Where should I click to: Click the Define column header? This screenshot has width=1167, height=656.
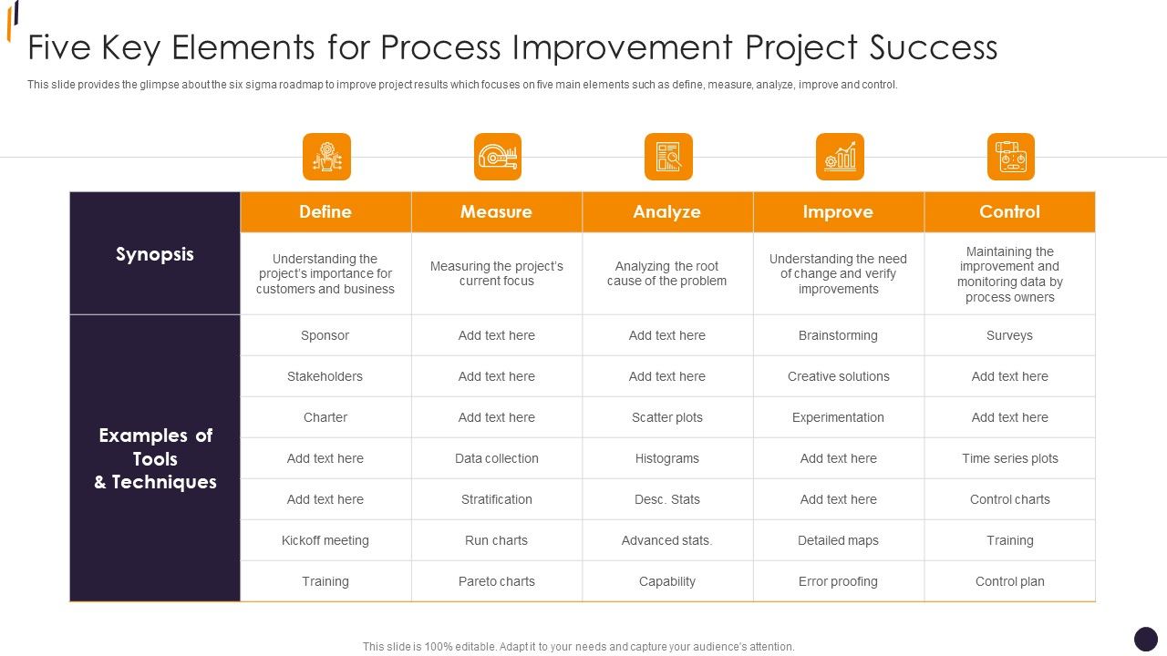coord(325,211)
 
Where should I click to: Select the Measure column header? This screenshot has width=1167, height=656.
coord(496,211)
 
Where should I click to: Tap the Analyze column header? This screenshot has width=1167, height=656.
coord(667,211)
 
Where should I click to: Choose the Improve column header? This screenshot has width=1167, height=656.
coord(838,211)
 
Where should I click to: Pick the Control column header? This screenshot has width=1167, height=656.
coord(1009,211)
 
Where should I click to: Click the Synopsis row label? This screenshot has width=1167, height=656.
coord(155,254)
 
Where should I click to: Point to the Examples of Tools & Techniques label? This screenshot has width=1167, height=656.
coord(155,458)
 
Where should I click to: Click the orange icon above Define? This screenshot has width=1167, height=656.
coord(326,157)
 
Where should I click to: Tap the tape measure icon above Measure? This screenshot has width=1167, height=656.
coord(498,157)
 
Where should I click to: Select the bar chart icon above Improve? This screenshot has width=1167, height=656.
coord(840,157)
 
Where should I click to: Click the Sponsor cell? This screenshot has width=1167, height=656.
coord(325,335)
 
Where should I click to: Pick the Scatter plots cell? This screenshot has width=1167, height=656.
coord(667,417)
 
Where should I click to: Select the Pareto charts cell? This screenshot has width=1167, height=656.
coord(497,581)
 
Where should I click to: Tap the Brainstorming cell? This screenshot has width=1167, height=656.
coord(838,335)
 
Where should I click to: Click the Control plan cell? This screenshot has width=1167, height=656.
coord(1009,581)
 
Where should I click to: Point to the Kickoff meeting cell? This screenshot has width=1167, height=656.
coord(325,540)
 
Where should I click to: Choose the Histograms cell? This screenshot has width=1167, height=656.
coord(667,458)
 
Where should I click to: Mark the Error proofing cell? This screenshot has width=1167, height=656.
coord(838,581)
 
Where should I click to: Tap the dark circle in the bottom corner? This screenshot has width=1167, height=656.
coord(1145,639)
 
